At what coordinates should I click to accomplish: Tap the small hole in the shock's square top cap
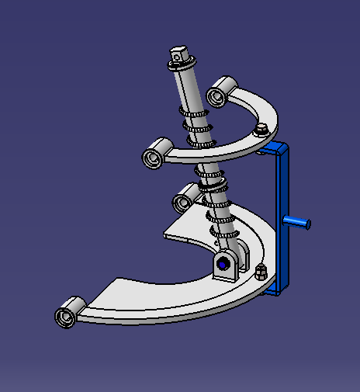click(x=178, y=54)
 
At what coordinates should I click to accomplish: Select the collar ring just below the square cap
click(x=182, y=68)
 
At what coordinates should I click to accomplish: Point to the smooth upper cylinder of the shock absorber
click(x=190, y=89)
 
